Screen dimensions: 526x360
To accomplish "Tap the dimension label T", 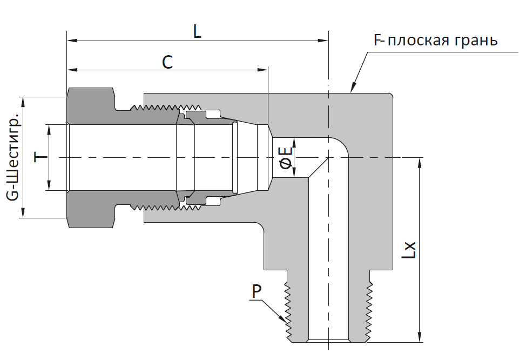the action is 41,157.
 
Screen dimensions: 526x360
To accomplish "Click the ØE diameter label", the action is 286,157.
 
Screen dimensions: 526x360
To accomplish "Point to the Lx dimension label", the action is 409,250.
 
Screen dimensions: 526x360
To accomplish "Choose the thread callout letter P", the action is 257,291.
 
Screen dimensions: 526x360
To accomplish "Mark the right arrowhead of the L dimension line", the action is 323,41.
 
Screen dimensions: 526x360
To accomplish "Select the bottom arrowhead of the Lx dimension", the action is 419,337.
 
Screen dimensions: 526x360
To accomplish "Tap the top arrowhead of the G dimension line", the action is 23,102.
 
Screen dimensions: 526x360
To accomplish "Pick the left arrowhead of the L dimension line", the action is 72,41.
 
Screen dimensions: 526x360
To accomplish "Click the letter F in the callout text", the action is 379,41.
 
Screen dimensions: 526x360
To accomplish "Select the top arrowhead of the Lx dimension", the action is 419,163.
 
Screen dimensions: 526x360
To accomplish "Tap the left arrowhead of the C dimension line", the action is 72,70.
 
